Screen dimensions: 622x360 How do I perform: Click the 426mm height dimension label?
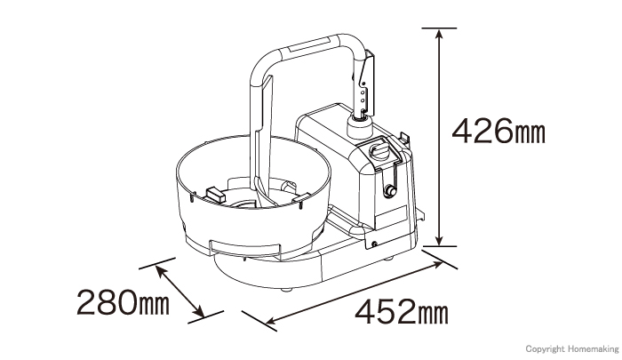point(498,131)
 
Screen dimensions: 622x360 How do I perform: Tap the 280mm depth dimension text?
point(123,302)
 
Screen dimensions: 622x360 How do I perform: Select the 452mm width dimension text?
point(402,312)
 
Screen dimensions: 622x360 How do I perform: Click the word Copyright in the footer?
point(545,348)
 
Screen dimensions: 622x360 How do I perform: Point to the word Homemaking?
point(593,348)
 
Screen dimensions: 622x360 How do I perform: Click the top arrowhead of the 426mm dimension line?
point(439,33)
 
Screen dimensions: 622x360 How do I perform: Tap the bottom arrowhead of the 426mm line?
point(439,241)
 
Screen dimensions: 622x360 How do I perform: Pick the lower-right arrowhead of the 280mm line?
point(200,313)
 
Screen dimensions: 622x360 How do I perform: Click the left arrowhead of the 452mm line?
point(271,320)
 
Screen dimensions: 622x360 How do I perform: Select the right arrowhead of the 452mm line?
point(437,265)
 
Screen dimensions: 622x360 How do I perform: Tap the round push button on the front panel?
point(389,192)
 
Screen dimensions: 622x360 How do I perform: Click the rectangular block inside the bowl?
point(214,194)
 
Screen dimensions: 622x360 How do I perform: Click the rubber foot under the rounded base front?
point(287,290)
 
